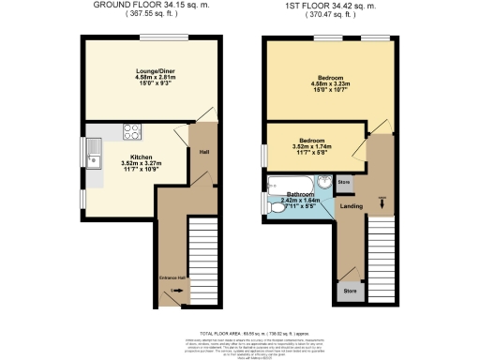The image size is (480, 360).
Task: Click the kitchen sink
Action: [93, 150]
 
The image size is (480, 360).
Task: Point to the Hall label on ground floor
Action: [203, 150]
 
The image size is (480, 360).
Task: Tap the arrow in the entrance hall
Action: [171, 292]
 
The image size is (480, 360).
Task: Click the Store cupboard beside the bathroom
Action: [343, 181]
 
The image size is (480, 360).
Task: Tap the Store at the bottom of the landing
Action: [350, 292]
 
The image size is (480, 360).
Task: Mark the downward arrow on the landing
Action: [382, 200]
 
